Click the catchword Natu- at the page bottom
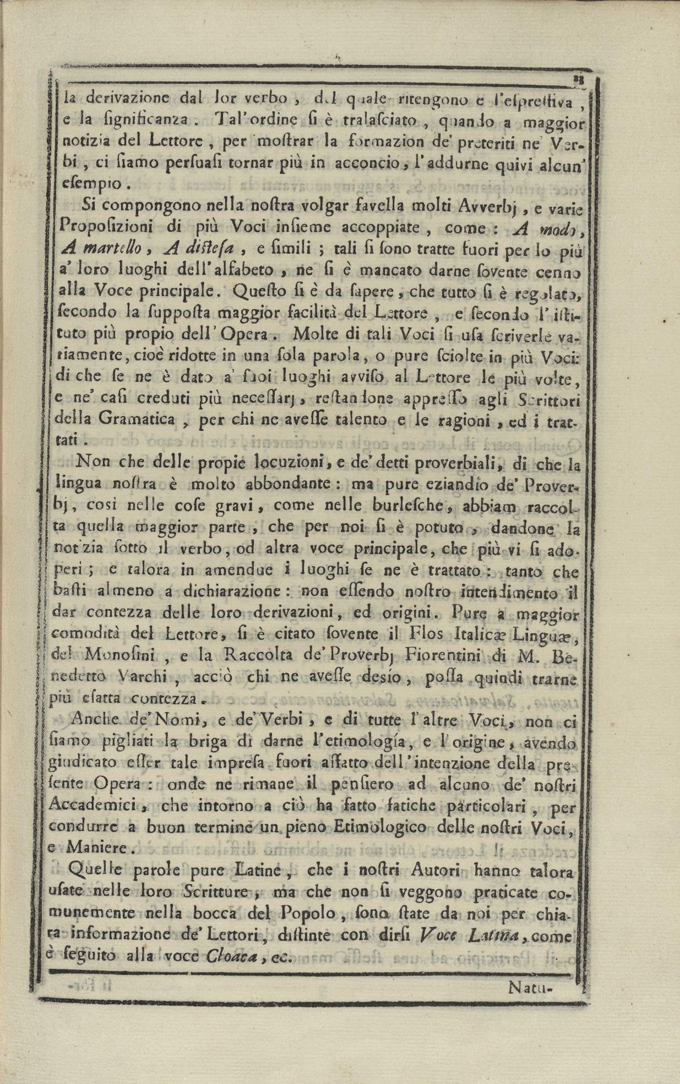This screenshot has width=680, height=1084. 531,987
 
